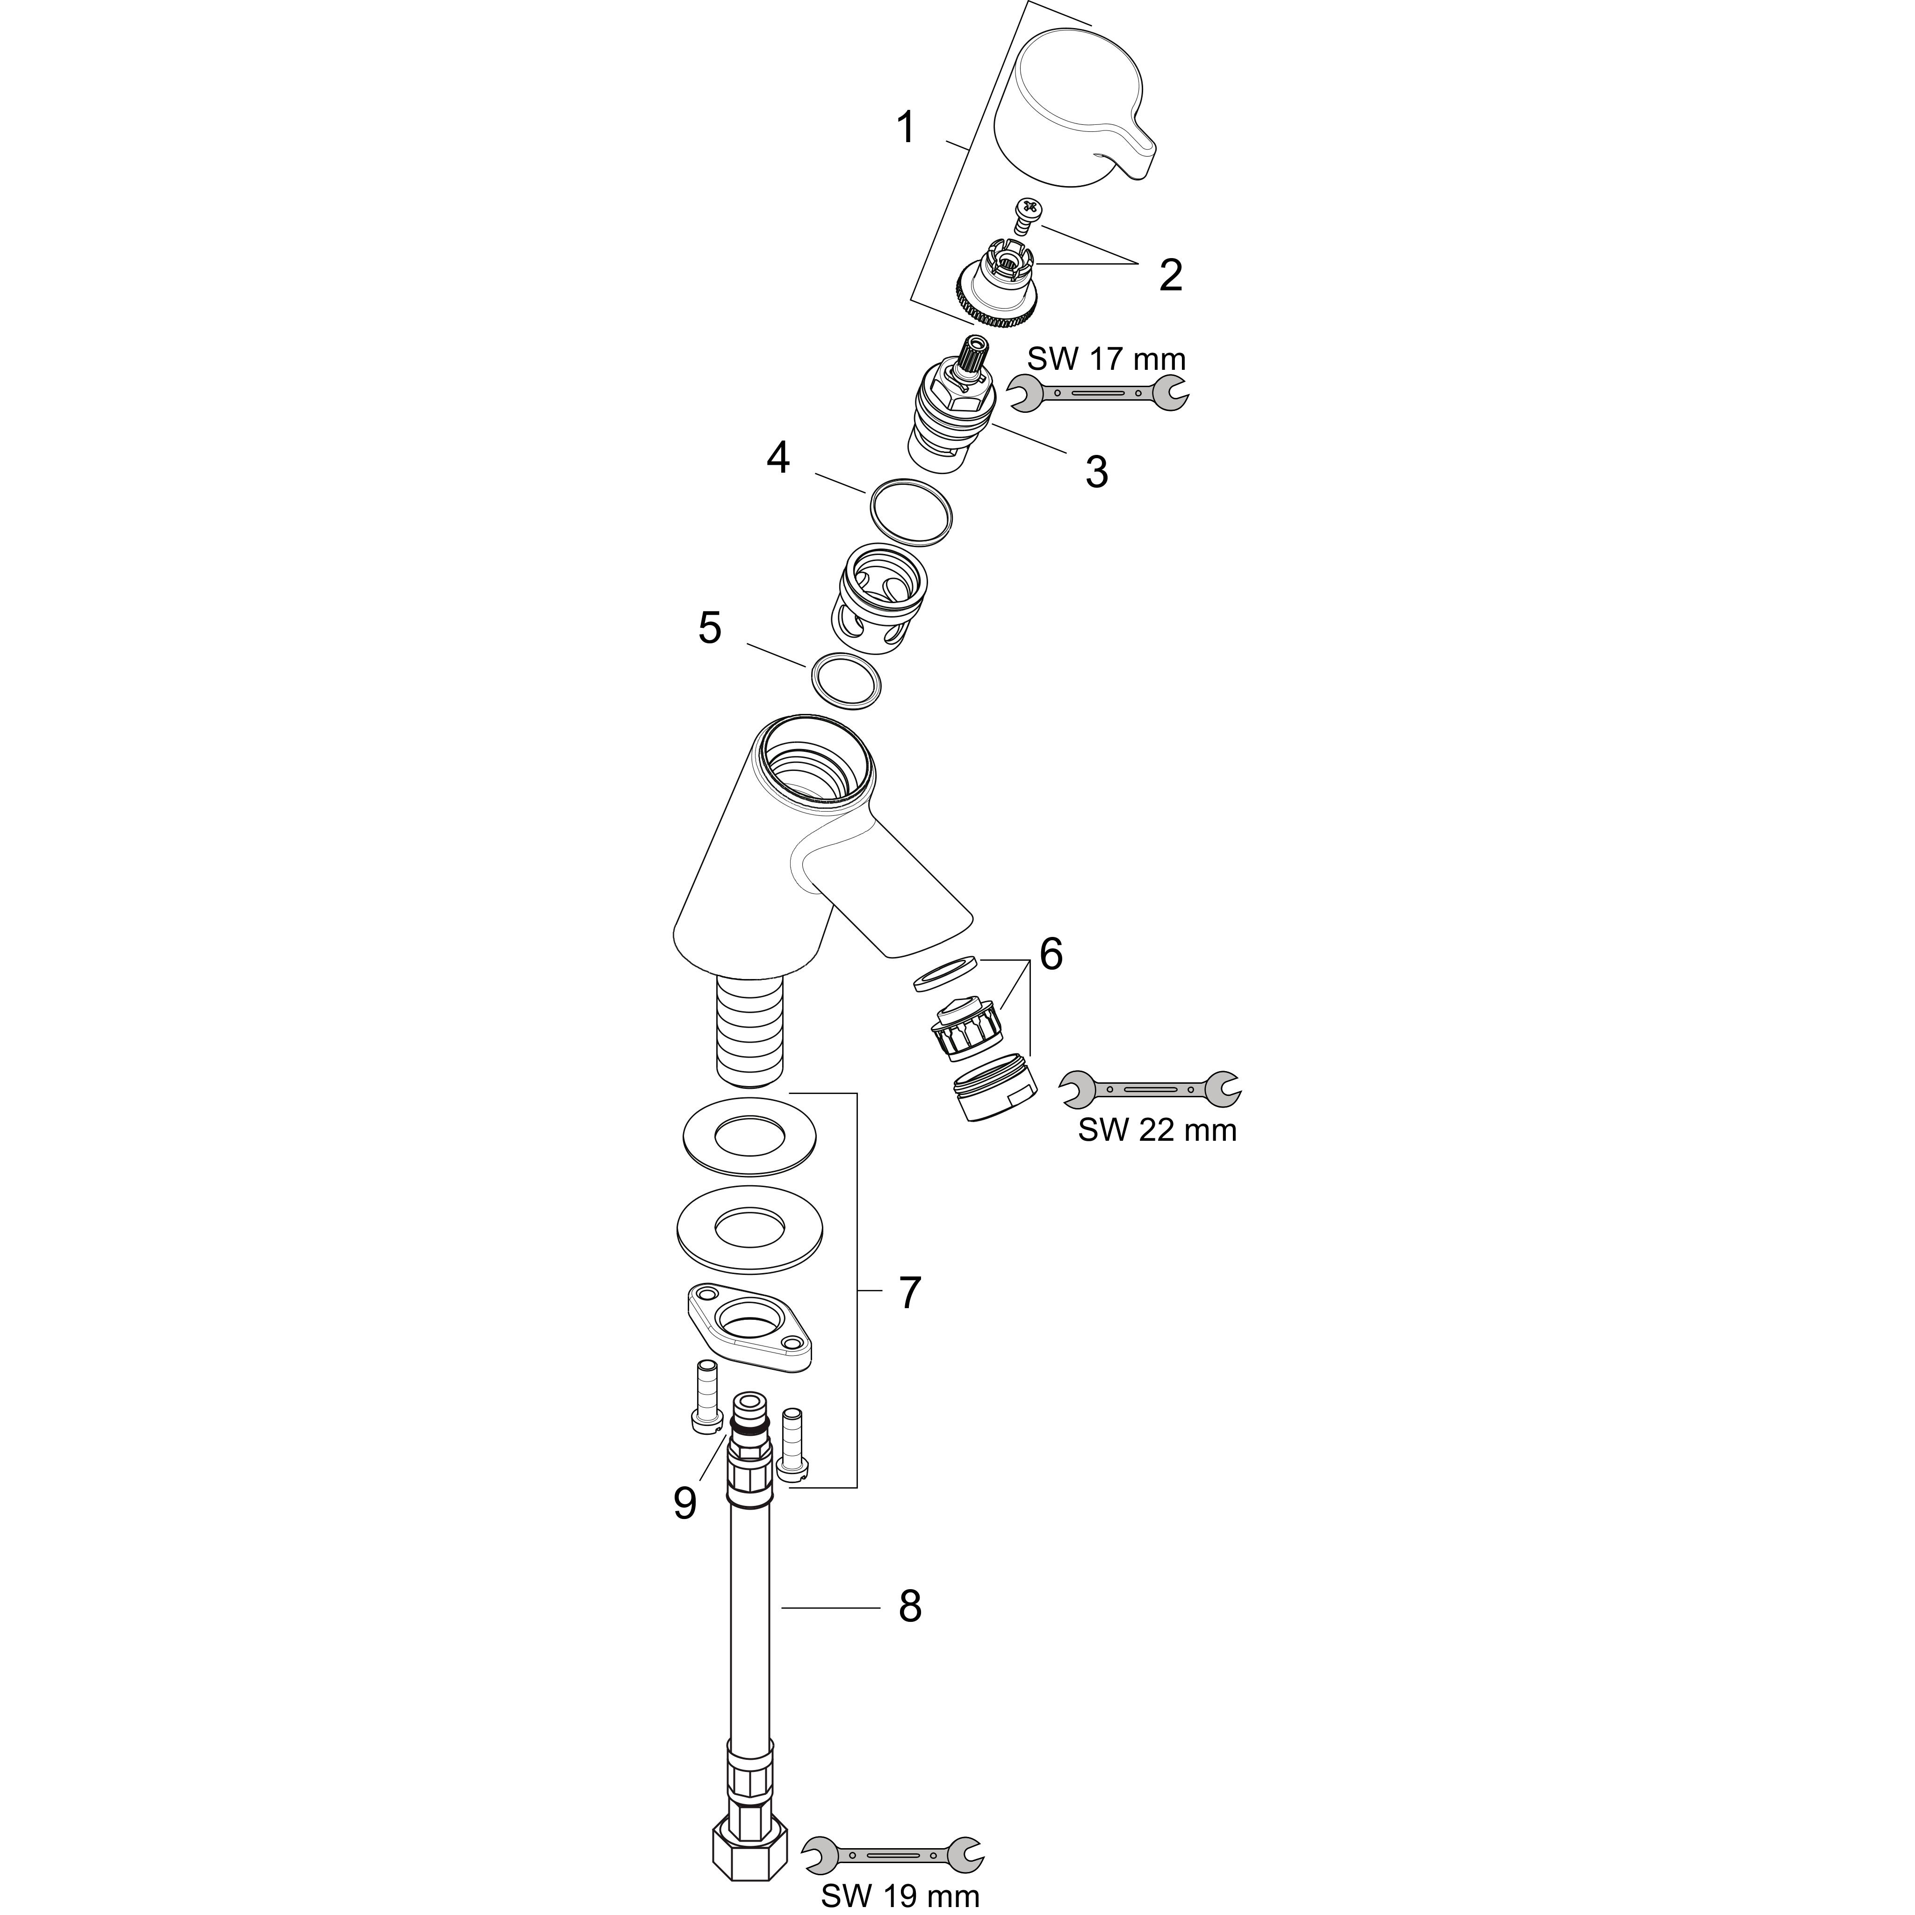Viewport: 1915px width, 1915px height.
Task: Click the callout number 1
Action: coord(905,128)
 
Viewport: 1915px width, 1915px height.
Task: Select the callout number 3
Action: coord(1096,472)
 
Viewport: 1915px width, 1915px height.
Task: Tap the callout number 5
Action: coord(710,628)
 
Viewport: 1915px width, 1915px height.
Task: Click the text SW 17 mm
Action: coord(1106,358)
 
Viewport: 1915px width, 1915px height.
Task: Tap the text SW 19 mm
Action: coord(900,1896)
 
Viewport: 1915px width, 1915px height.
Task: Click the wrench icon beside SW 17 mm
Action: coord(1097,394)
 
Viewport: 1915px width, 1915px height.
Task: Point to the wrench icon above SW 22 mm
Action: coord(1150,1089)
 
